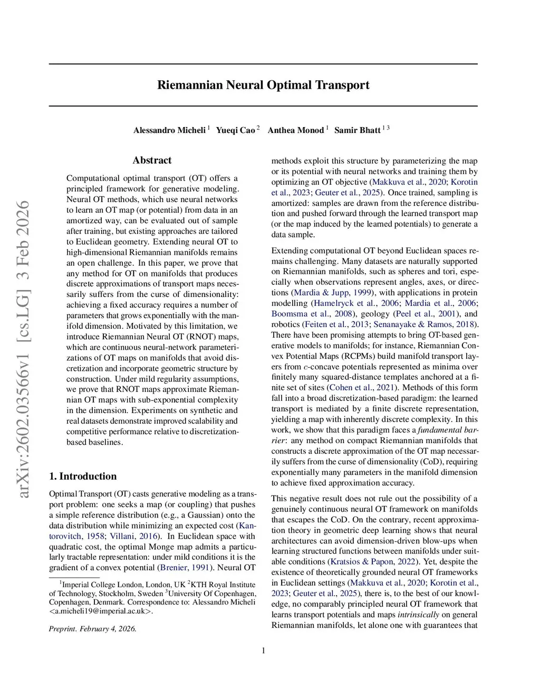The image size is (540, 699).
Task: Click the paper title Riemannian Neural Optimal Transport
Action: click(x=263, y=85)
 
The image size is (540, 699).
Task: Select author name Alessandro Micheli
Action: click(x=169, y=130)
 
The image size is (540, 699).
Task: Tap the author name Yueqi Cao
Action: click(x=235, y=130)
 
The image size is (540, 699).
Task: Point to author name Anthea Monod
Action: click(x=295, y=130)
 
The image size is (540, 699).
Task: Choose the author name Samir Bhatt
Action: click(x=357, y=130)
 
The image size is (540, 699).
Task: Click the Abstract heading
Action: click(x=152, y=160)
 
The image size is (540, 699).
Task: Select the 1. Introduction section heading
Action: click(x=83, y=476)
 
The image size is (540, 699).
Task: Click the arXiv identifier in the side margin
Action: click(x=24, y=348)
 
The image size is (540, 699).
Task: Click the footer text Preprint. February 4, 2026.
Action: click(x=93, y=629)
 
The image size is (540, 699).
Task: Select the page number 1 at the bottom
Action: click(x=263, y=650)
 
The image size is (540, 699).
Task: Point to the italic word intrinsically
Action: click(x=418, y=615)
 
